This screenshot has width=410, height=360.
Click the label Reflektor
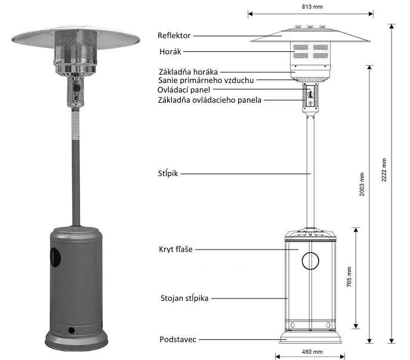click(174, 36)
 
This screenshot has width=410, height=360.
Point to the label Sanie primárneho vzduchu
click(206, 79)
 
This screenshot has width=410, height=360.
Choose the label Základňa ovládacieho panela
click(209, 100)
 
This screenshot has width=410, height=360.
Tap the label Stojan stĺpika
click(184, 297)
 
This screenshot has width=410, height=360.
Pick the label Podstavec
click(178, 339)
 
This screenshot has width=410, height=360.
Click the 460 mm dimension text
click(310, 352)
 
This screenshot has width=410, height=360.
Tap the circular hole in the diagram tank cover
click(310, 261)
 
